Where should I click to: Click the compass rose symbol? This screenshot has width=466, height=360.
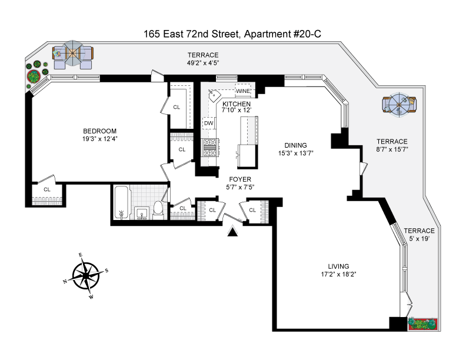tap(87, 274)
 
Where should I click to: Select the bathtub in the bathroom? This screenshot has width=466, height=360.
tap(121, 203)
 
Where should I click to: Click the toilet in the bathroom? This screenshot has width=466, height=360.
tap(158, 208)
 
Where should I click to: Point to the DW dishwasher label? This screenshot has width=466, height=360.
tap(208, 124)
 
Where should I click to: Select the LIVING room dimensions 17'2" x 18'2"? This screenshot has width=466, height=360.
tap(339, 274)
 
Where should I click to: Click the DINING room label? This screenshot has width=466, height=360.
tap(296, 145)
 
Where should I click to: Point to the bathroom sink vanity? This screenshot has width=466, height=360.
tap(141, 212)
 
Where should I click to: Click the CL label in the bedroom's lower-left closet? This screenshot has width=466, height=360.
tap(47, 189)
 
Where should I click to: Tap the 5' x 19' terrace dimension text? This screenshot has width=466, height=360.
tap(419, 239)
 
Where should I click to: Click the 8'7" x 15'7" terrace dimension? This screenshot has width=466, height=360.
tap(392, 149)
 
